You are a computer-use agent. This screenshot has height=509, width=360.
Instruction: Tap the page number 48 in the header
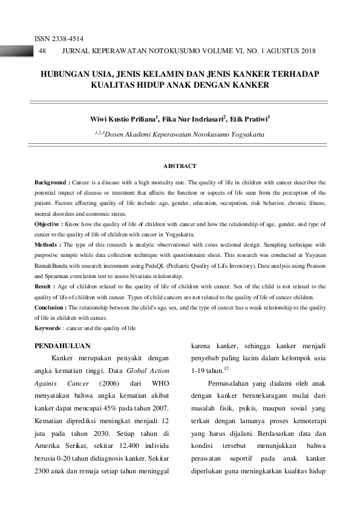(x=42, y=52)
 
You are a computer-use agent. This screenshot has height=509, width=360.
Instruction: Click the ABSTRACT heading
(x=180, y=165)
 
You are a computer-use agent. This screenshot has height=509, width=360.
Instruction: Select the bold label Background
(x=51, y=181)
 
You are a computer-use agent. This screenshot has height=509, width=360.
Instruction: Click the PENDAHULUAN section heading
(x=63, y=346)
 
